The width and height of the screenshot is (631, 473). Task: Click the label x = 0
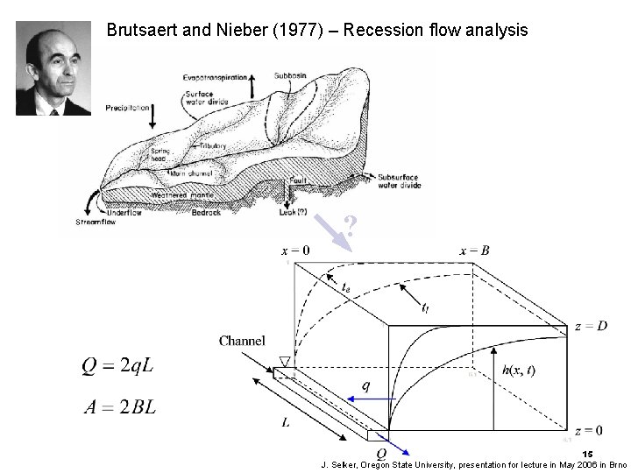[294, 251]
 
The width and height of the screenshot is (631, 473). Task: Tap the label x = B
[474, 251]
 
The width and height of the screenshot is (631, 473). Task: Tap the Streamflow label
[96, 222]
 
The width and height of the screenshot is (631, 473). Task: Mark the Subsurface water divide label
[399, 181]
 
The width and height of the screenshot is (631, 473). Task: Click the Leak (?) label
[291, 212]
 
